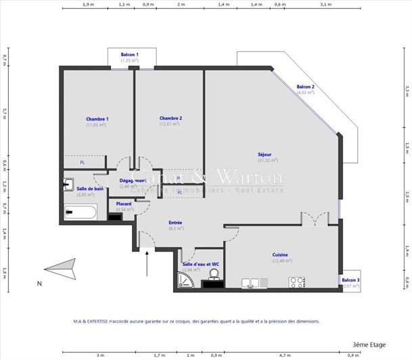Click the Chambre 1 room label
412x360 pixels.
(x=97, y=118)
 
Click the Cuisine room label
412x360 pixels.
(x=281, y=254)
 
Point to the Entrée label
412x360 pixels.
(x=175, y=223)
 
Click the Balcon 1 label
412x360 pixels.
(x=130, y=54)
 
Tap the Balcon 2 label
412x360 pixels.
(x=305, y=87)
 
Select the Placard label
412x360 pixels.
(x=124, y=204)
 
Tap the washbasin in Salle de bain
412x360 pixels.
(x=68, y=184)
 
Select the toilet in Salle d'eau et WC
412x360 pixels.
(x=213, y=274)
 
